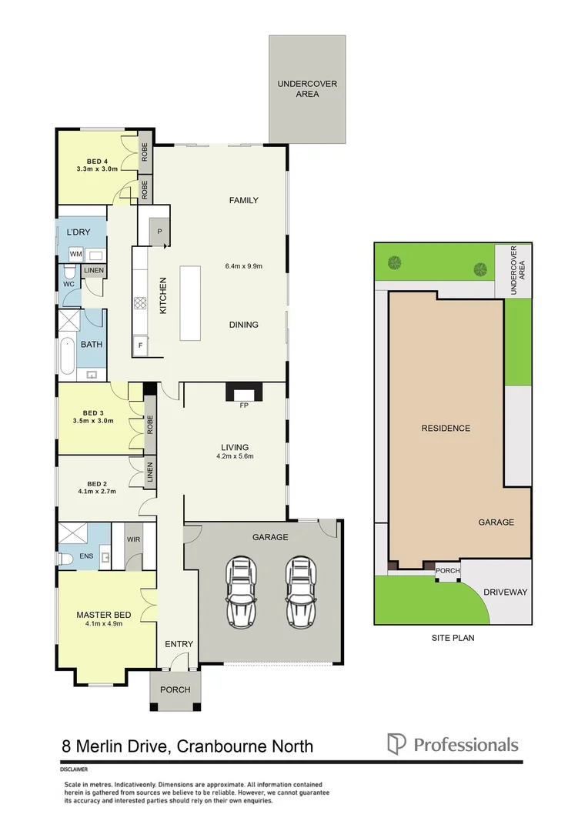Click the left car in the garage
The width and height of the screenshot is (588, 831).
tap(241, 593)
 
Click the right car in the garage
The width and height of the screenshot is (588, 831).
tap(301, 593)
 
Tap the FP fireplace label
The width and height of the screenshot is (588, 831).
tap(244, 405)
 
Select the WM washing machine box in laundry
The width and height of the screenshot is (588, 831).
tap(76, 254)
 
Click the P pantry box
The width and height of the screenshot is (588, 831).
tap(160, 231)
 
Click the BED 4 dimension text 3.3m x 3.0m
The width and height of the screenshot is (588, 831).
tap(96, 169)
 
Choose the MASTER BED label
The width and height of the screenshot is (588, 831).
tap(103, 615)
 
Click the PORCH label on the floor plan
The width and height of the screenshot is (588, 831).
tap(175, 689)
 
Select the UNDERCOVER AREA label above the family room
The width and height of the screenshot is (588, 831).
tap(307, 88)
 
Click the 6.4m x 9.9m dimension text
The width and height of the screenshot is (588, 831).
tap(243, 267)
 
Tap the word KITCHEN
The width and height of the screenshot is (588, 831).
tap(163, 295)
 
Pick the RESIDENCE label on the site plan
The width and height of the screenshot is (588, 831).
tap(445, 428)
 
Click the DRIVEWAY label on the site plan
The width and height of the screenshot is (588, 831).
tap(505, 592)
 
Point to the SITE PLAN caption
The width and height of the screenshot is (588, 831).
tap(451, 638)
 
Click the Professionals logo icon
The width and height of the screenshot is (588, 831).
tap(396, 744)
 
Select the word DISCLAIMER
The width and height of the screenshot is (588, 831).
tap(74, 769)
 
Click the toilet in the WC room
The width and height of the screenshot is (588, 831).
tap(68, 275)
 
